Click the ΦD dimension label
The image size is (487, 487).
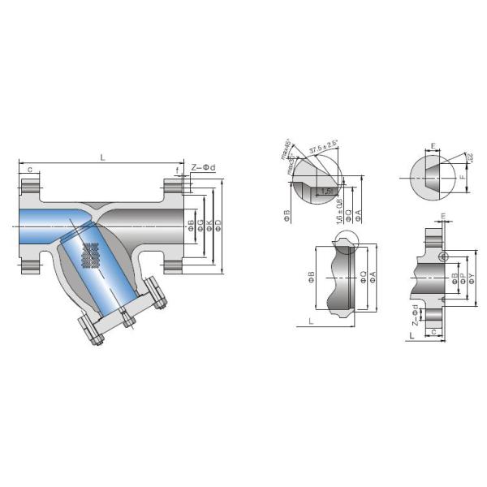click(x=219, y=223)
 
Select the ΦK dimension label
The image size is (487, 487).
click(x=209, y=223)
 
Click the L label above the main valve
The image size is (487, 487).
click(x=103, y=157)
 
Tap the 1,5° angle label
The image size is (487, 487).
click(x=326, y=192)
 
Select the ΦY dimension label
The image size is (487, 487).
click(x=472, y=276)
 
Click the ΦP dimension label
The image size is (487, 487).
click(x=463, y=276)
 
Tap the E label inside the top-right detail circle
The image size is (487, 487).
click(x=434, y=147)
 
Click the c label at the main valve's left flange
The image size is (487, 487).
click(x=30, y=170)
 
